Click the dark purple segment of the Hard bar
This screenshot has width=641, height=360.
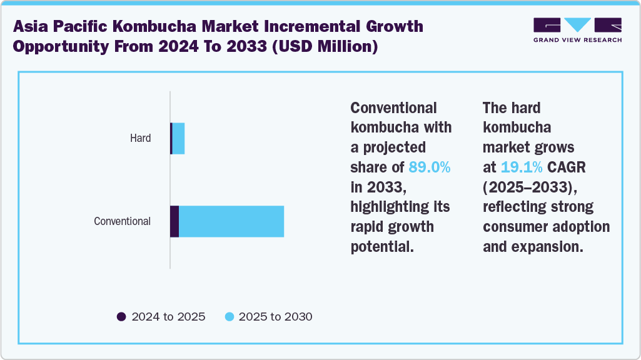coord(171,138)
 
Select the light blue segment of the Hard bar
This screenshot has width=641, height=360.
coord(178,138)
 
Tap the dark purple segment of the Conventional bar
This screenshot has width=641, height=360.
coord(174,221)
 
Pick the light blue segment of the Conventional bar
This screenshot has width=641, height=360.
coord(231,221)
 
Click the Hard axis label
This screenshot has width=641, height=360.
coord(140,138)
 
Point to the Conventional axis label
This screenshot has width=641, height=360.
coord(122,221)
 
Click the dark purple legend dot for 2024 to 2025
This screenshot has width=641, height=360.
coord(121,317)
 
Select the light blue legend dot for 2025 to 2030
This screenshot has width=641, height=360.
coord(229,317)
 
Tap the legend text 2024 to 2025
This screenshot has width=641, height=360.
coord(168,317)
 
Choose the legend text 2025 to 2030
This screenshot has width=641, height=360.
coord(275,317)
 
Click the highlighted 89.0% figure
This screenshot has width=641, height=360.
coord(430,167)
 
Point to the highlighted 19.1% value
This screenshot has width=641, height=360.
coord(521,167)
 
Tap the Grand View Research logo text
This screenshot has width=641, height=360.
coord(577,39)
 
